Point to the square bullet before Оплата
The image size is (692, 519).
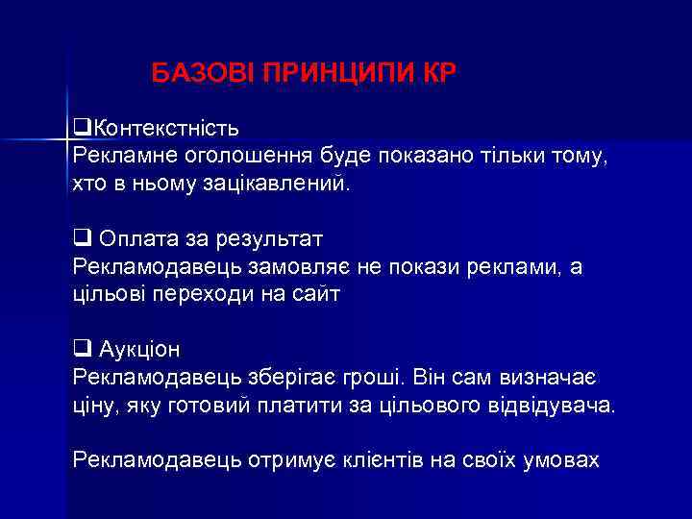coord(81,235)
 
